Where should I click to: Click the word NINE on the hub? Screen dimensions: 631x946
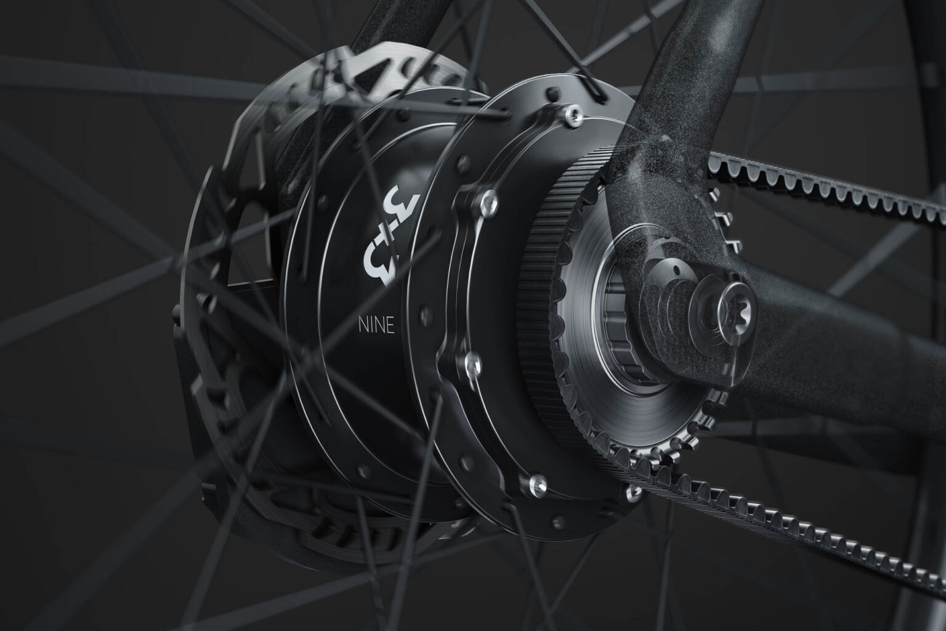376,325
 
